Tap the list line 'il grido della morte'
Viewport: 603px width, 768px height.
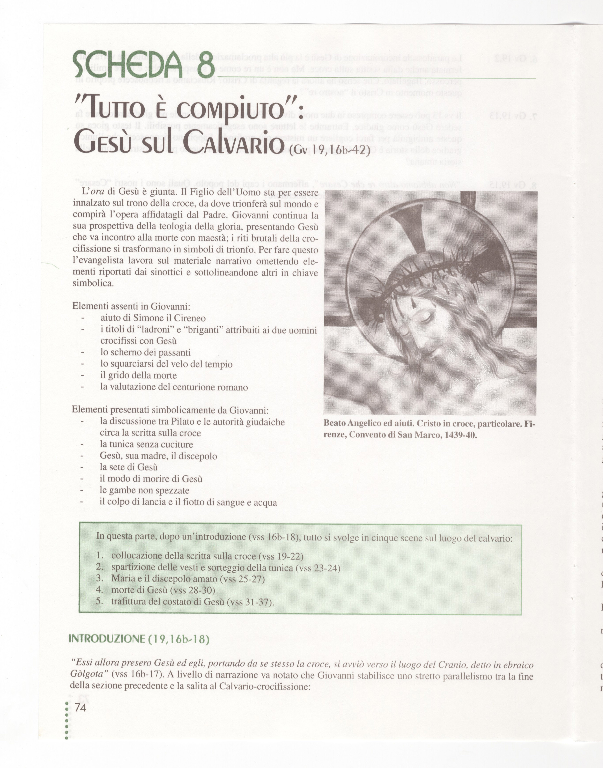[138, 376]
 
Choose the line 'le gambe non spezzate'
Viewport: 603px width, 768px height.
[144, 491]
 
